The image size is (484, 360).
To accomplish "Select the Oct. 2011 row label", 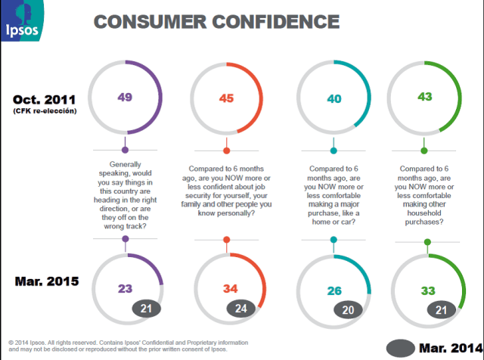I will point(45,99).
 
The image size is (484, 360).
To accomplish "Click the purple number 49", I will point(126,97).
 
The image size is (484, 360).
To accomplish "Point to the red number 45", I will point(226,98).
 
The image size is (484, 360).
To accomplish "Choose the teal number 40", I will point(333,98).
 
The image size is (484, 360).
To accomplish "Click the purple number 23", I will point(126,287).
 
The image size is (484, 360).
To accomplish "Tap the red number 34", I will point(228,287).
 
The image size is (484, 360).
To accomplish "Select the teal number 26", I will point(334,287).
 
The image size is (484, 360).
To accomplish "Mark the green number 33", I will point(428,287).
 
